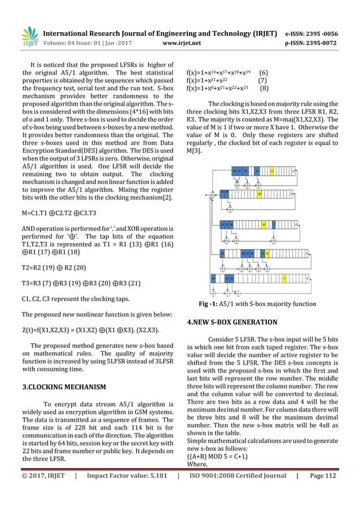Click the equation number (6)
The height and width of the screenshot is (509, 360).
click(263, 72)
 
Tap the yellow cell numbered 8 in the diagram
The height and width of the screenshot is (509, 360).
click(273, 170)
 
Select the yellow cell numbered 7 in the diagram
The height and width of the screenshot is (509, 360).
click(284, 278)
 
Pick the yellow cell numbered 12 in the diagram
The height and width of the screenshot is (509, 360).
click(267, 253)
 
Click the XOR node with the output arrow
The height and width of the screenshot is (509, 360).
click(213, 194)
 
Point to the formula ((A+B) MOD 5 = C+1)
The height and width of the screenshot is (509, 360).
click(221, 457)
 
